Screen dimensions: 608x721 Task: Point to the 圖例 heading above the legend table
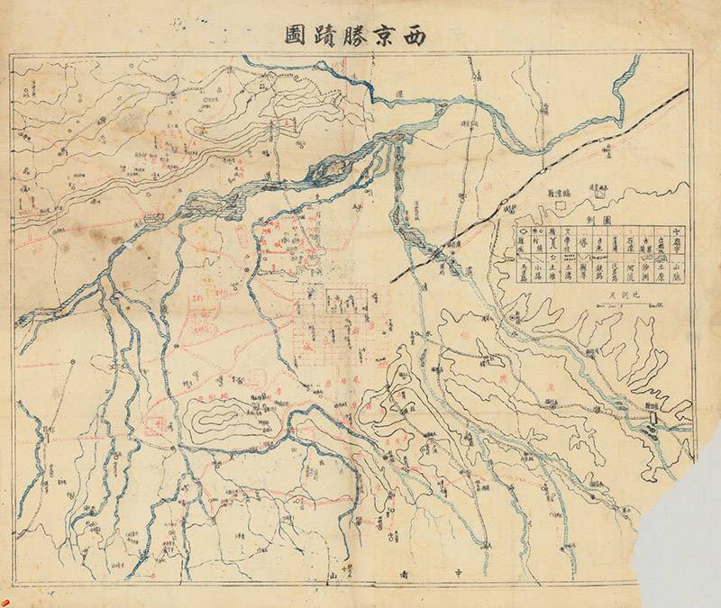click(x=598, y=221)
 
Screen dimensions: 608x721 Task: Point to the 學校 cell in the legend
click(x=568, y=243)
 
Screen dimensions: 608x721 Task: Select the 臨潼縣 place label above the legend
click(x=559, y=194)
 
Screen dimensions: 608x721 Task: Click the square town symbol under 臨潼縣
click(x=560, y=206)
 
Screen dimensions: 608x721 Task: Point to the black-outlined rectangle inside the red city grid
click(x=343, y=301)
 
